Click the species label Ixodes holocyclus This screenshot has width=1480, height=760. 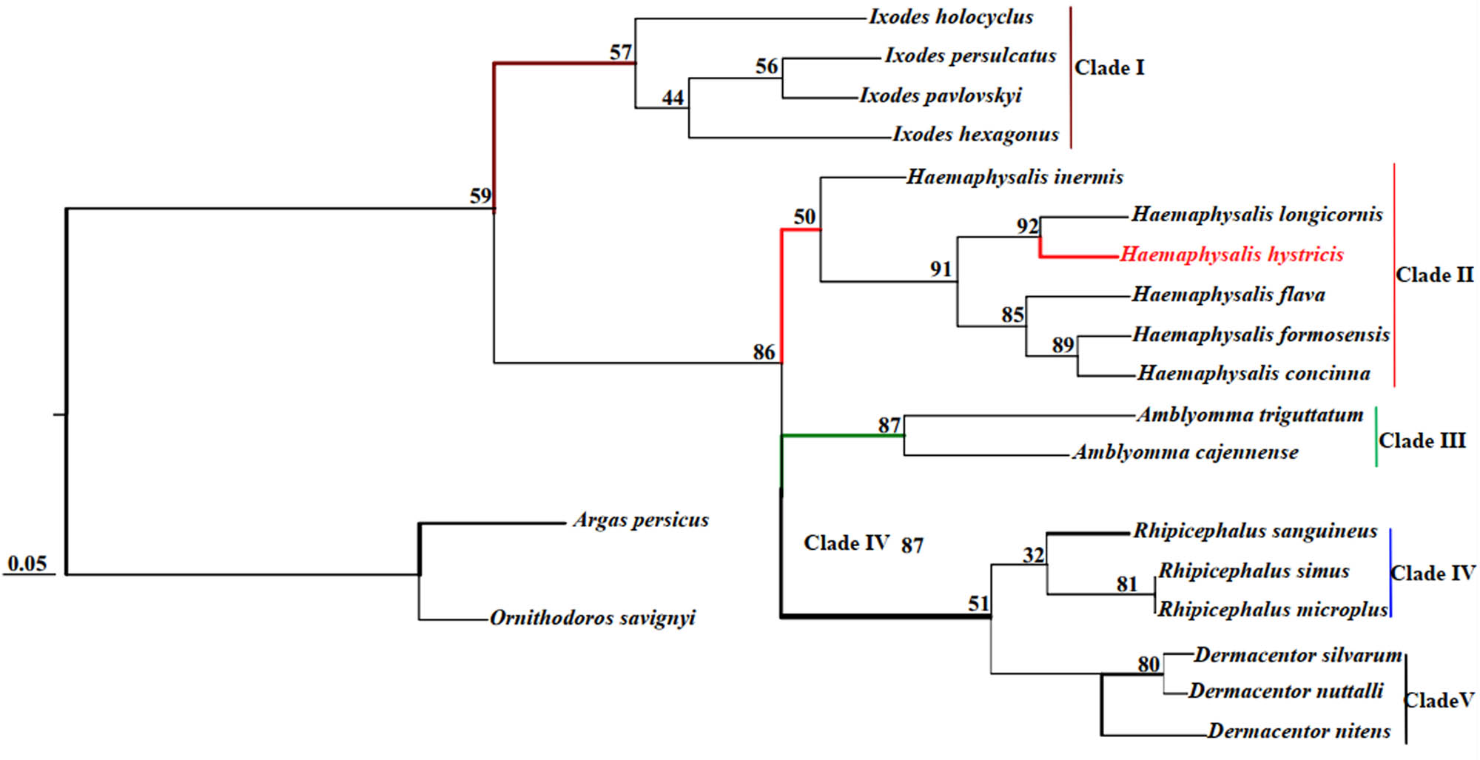[951, 17]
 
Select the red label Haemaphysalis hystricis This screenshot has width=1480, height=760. [1231, 255]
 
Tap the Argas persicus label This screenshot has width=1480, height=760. [641, 520]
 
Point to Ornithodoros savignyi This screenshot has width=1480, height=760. [593, 618]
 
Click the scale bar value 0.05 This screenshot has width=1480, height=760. [27, 564]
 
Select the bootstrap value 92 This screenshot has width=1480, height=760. [1027, 226]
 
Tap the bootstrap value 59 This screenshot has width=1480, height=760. [480, 196]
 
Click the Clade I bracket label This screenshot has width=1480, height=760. [1109, 68]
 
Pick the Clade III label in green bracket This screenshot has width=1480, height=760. [1422, 441]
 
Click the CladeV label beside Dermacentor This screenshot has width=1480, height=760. [1439, 700]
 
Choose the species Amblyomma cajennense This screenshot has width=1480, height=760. [1185, 452]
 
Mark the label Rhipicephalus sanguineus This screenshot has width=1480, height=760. [1255, 531]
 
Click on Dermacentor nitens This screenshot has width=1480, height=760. [1299, 731]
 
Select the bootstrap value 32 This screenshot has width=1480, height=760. [1033, 555]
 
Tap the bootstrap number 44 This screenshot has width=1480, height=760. [673, 98]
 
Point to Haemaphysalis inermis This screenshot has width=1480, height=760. [1015, 177]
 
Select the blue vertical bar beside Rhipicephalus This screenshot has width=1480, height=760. [1391, 573]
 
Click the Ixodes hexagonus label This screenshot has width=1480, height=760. [975, 135]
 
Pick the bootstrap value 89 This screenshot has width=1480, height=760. [1063, 346]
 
